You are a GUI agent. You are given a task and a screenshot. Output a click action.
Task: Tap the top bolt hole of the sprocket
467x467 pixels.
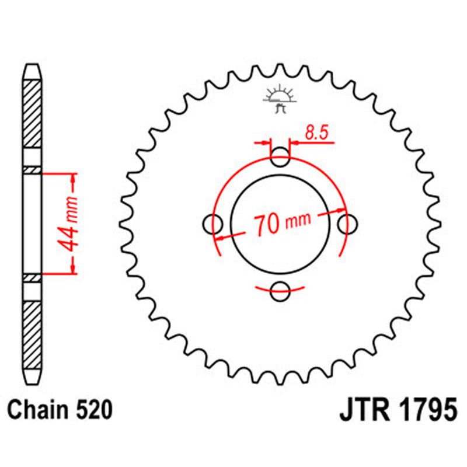tap(281, 156)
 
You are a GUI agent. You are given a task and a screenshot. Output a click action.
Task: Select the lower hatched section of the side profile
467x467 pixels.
tap(33, 333)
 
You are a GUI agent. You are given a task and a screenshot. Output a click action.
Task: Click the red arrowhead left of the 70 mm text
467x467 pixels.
tap(222, 237)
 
